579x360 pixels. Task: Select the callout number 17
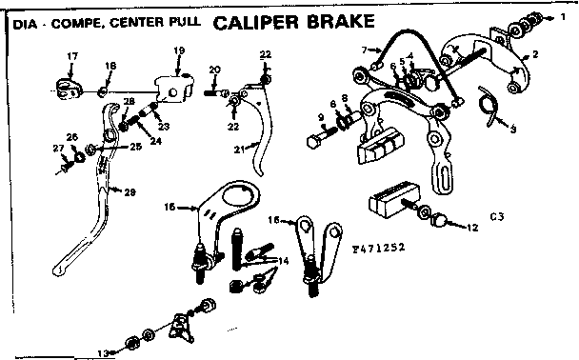(x=72, y=58)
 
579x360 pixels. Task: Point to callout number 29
(x=130, y=193)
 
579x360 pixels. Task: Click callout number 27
(x=56, y=148)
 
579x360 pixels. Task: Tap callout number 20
(x=214, y=70)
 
